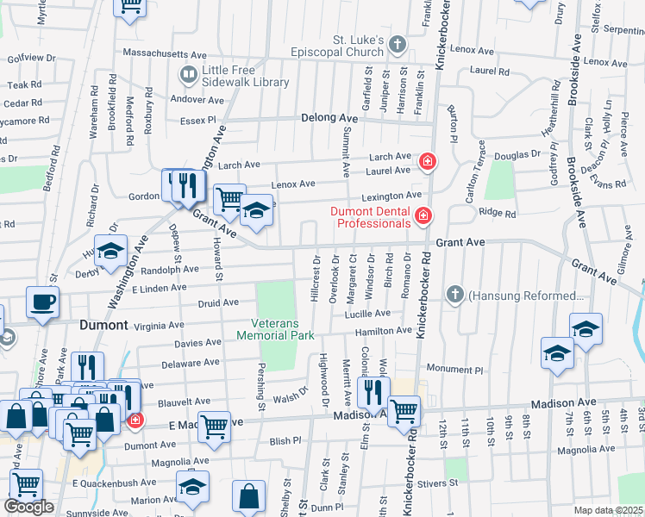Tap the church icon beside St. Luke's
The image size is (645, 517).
[398, 44]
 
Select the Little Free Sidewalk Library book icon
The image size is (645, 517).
[187, 75]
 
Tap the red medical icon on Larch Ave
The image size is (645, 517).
[427, 161]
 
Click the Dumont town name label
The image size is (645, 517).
[103, 326]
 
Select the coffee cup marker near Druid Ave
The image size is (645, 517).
[42, 302]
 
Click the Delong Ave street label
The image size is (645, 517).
[329, 118]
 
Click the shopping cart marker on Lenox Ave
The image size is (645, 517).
[229, 200]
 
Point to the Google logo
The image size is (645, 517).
[28, 507]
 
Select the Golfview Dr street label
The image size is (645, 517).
[31, 58]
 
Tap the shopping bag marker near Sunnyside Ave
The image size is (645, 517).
[248, 497]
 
